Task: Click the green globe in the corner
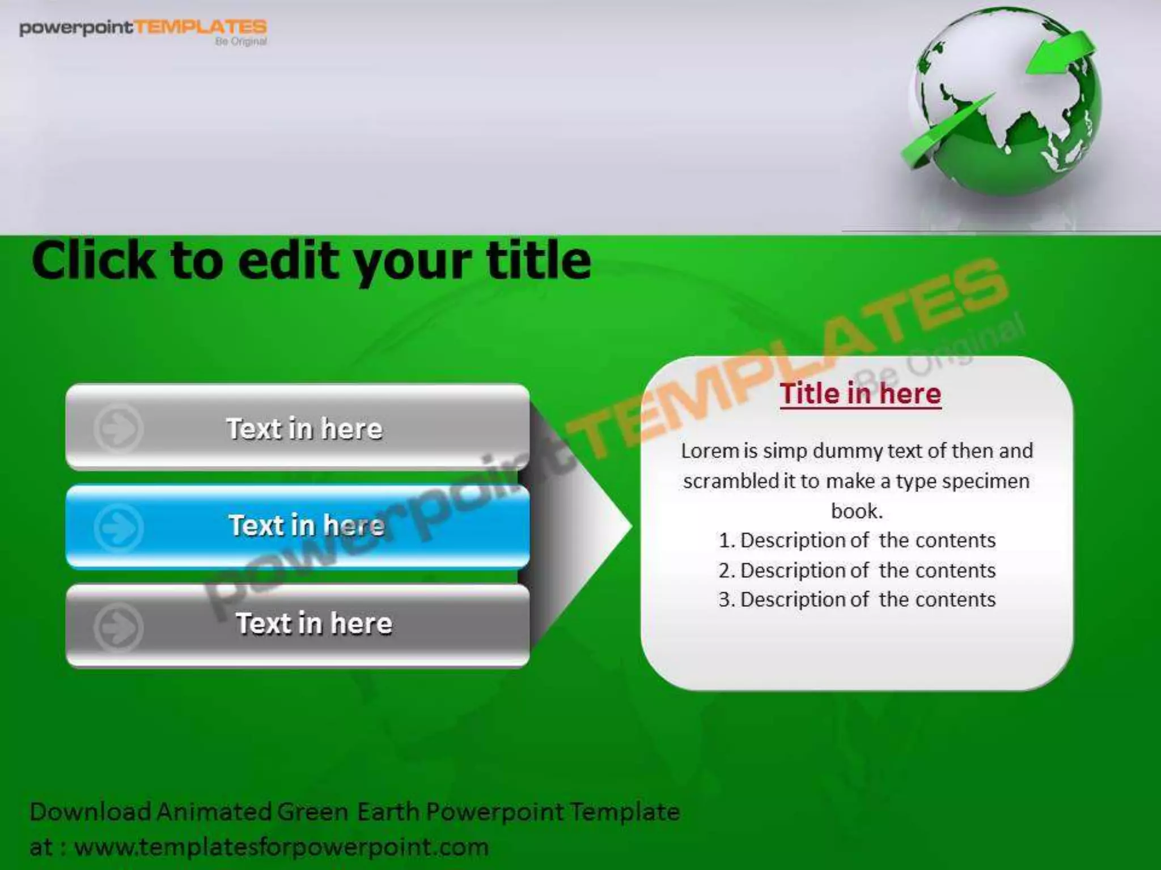[1006, 105]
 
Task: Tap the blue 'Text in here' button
[298, 526]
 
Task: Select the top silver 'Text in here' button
[298, 428]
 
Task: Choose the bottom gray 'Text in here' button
[298, 624]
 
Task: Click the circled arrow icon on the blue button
[118, 527]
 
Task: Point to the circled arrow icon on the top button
[118, 428]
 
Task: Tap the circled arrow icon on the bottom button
[118, 626]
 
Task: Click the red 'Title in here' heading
[860, 393]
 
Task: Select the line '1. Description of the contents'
[857, 540]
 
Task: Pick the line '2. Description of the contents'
[857, 570]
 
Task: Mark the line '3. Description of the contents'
[857, 600]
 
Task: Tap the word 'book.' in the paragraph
[857, 511]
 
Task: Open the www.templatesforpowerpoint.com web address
[281, 847]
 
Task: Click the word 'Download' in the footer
[90, 812]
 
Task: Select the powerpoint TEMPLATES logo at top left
[143, 29]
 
